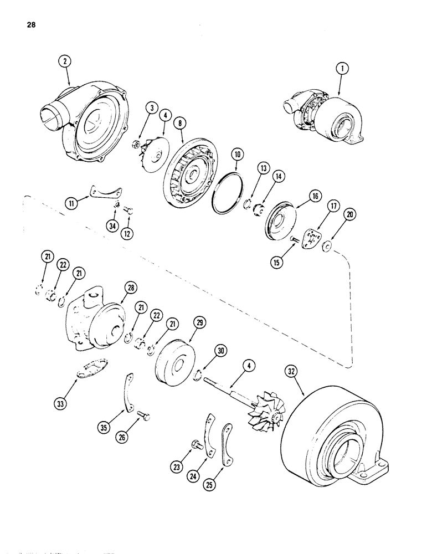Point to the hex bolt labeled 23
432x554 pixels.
tap(196, 444)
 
